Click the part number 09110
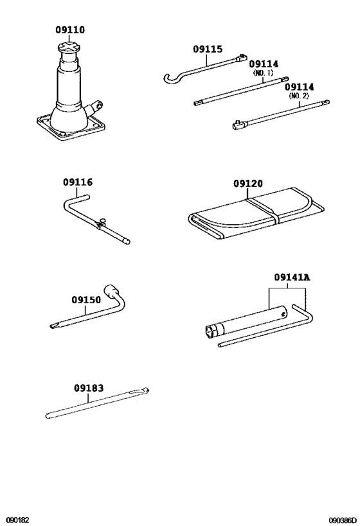(69, 30)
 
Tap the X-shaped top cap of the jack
(69, 48)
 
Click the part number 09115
(207, 49)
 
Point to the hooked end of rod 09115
(168, 78)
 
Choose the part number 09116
(77, 182)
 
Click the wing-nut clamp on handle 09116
(101, 224)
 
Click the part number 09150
(86, 299)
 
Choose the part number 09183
(88, 388)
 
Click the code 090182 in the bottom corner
(17, 519)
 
